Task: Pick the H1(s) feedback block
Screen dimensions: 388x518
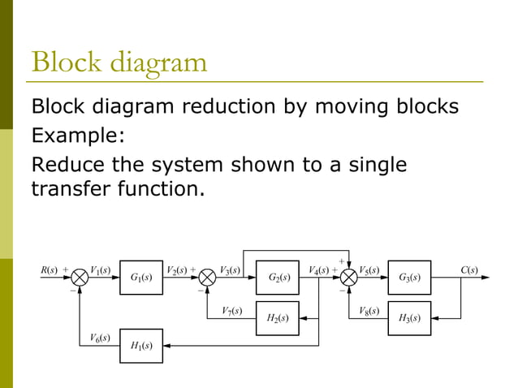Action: pyautogui.click(x=141, y=346)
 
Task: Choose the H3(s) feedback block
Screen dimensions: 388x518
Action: pyautogui.click(x=409, y=317)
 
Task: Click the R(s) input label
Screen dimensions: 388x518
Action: pyautogui.click(x=50, y=269)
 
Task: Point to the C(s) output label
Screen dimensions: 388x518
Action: pyautogui.click(x=468, y=269)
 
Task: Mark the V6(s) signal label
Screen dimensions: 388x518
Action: pyautogui.click(x=100, y=337)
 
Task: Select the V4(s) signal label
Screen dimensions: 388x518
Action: pyautogui.click(x=319, y=269)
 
